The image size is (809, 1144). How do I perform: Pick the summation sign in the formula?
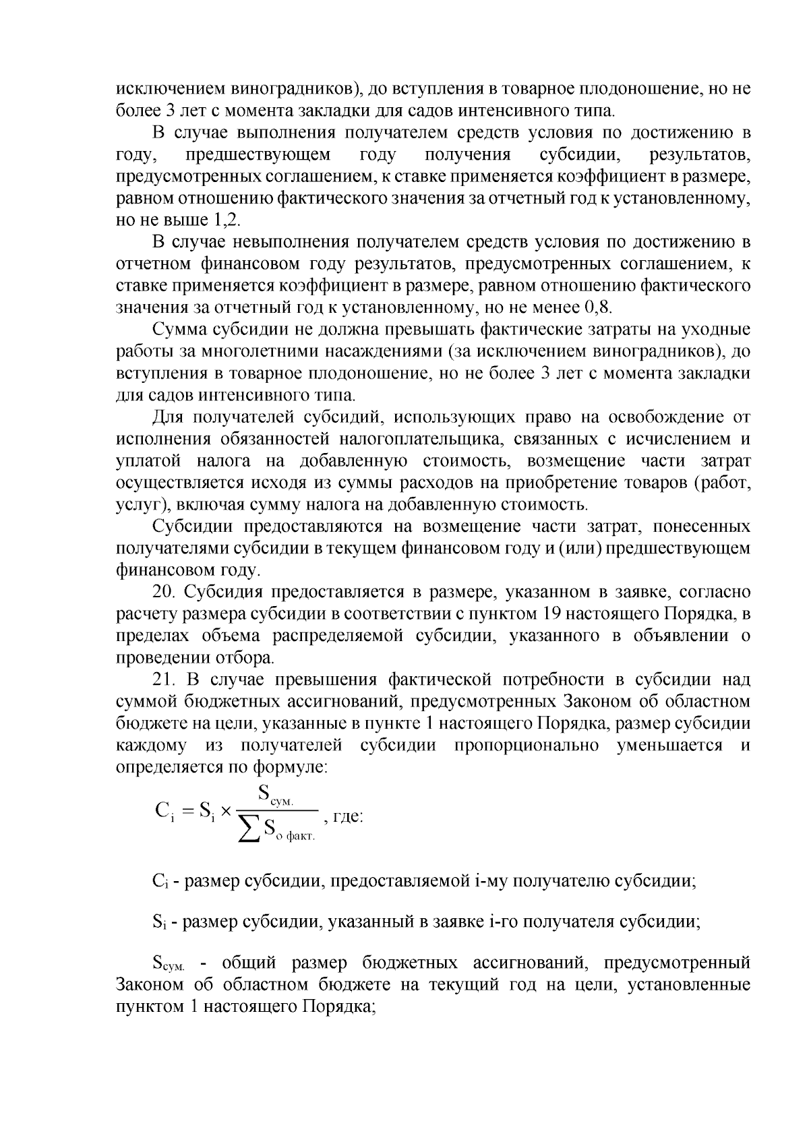tap(250, 830)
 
